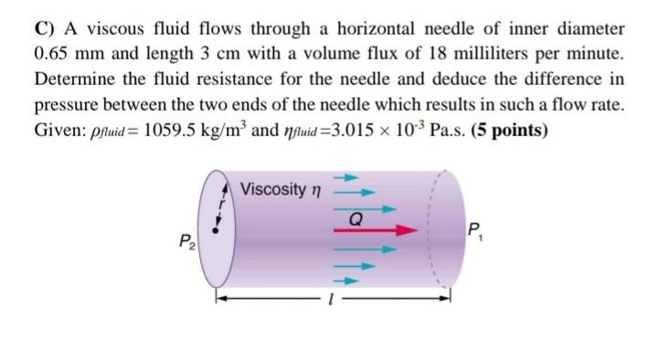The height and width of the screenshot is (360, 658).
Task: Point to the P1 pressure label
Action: pos(474,230)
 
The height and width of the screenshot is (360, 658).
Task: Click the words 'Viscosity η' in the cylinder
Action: pos(281,189)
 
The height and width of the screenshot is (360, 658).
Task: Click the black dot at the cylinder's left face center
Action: pos(215,232)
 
